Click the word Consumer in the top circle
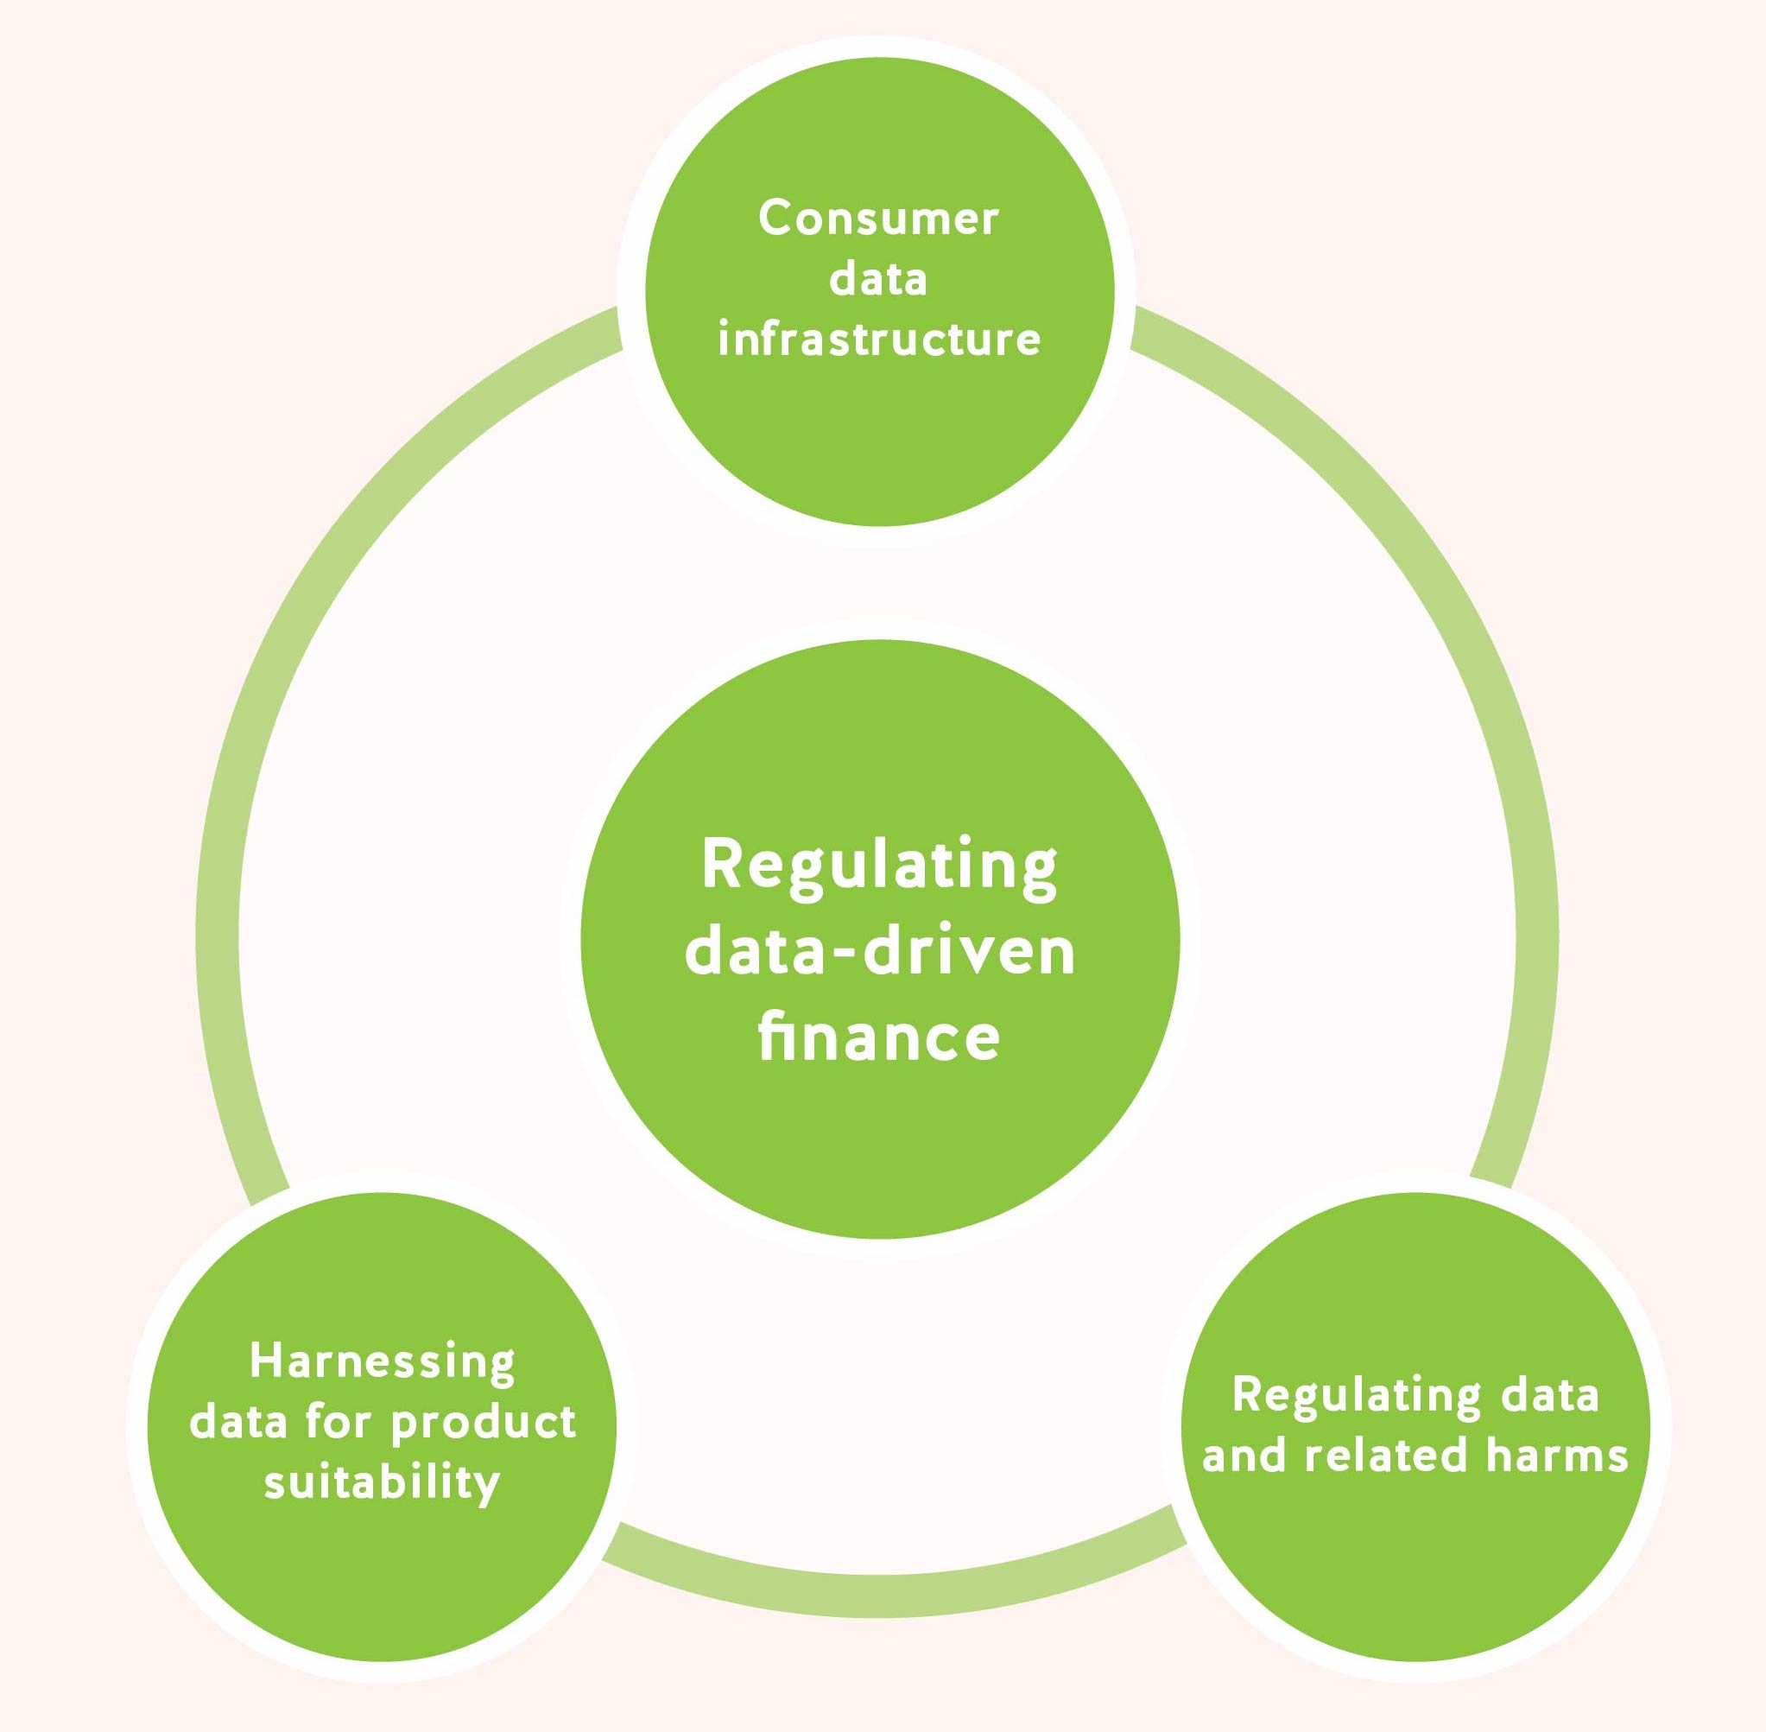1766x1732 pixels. click(x=878, y=219)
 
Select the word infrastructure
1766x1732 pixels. click(x=878, y=339)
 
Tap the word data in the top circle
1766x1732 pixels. click(x=878, y=278)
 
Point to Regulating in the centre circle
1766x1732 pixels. click(x=878, y=866)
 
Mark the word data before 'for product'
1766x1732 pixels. click(x=238, y=1422)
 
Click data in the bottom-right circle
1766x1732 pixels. click(x=1549, y=1394)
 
